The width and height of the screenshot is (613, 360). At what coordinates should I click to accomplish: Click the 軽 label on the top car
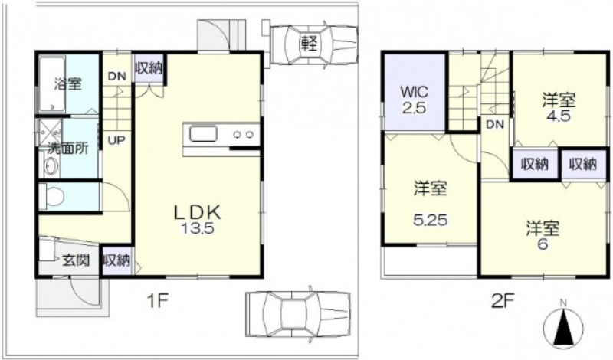[310, 43]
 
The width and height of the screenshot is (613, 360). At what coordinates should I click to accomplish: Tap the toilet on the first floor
[52, 196]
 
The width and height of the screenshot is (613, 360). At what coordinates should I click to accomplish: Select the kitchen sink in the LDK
[203, 135]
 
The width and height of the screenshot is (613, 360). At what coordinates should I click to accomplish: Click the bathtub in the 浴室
[51, 84]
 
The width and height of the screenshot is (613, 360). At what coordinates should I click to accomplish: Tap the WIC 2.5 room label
[415, 100]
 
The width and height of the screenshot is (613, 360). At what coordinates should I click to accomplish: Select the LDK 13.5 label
[198, 219]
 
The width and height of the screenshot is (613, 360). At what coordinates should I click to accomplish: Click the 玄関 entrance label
[76, 260]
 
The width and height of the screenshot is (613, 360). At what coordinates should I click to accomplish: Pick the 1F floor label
[157, 302]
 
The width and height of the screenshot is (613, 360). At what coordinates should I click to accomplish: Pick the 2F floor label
[502, 301]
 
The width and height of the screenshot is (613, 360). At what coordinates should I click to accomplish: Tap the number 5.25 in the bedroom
[431, 221]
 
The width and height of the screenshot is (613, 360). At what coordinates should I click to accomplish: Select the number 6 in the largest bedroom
[543, 244]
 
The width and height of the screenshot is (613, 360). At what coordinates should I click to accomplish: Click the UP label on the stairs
[116, 140]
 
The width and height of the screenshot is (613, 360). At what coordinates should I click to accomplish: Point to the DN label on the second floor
[495, 125]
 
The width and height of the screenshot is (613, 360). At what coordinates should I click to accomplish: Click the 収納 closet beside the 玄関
[116, 260]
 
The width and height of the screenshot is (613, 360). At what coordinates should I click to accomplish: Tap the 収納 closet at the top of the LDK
[149, 68]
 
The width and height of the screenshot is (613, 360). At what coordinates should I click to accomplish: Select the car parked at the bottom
[298, 314]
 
